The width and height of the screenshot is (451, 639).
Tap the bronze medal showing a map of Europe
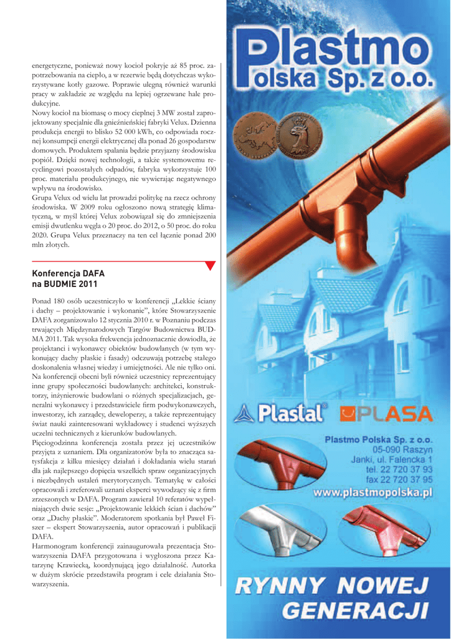click(254, 134)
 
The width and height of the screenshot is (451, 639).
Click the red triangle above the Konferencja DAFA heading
click(210, 266)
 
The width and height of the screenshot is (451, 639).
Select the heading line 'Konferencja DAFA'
click(68, 274)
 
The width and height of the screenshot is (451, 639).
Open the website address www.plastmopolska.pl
click(373, 492)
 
